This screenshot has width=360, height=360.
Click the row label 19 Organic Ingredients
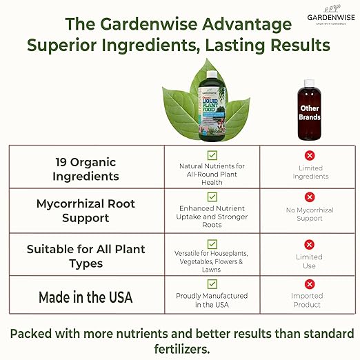pyautogui.click(x=87, y=169)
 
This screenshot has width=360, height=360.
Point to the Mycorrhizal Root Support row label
pyautogui.click(x=87, y=211)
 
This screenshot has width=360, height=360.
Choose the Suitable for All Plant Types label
pyautogui.click(x=87, y=255)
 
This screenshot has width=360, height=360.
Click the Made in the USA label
pyautogui.click(x=87, y=297)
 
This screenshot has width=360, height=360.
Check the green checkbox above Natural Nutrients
pyautogui.click(x=212, y=155)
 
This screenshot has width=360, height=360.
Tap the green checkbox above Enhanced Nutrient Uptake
pyautogui.click(x=212, y=197)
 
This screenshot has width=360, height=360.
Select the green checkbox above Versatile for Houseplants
pyautogui.click(x=212, y=242)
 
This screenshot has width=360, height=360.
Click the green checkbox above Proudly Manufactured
pyautogui.click(x=212, y=284)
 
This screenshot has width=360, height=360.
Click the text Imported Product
pyautogui.click(x=308, y=300)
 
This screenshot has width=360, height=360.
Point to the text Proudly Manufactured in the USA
pyautogui.click(x=212, y=300)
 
